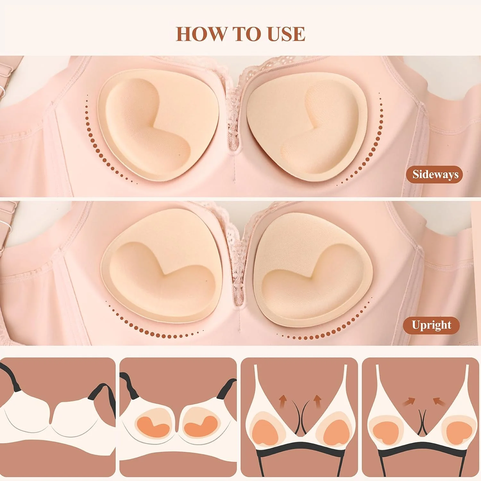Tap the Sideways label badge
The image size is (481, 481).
[x=435, y=174]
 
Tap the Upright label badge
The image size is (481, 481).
[x=431, y=325]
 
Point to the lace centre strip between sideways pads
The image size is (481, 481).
[x=233, y=119]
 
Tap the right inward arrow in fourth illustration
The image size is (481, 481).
[x=439, y=401]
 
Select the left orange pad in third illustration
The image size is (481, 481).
[x=265, y=433]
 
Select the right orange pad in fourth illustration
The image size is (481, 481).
[x=457, y=431]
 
